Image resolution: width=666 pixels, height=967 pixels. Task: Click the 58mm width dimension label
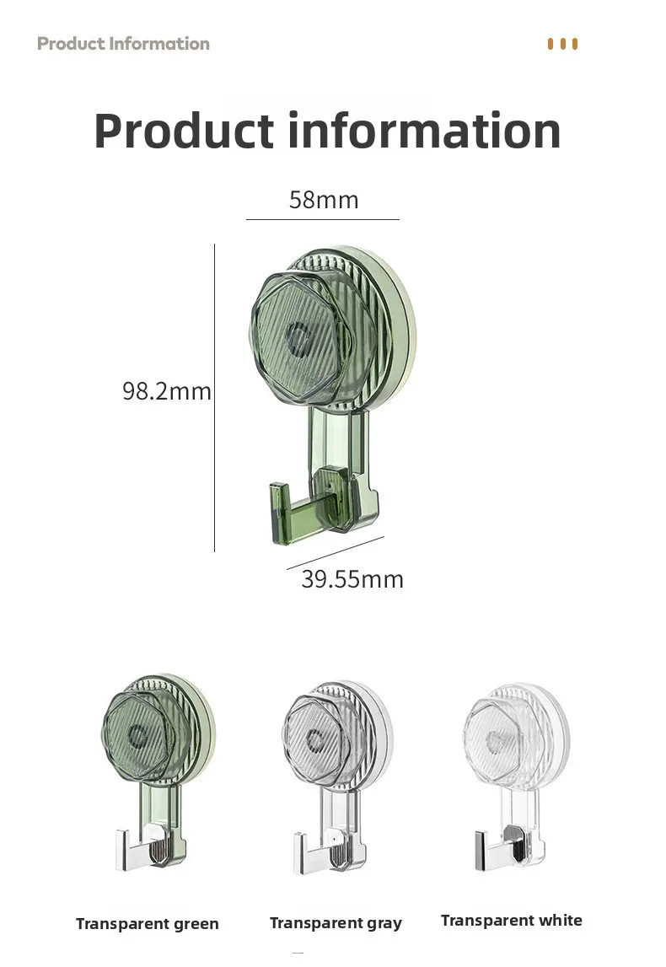[324, 200]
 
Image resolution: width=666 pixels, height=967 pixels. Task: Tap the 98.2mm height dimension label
[167, 391]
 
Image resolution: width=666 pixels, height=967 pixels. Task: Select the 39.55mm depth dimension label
[352, 579]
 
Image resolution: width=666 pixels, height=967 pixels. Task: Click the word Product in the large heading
[184, 131]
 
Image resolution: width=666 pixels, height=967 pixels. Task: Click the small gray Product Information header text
[123, 44]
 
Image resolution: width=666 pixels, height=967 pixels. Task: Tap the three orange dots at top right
[562, 44]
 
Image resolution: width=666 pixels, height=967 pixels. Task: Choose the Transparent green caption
[148, 924]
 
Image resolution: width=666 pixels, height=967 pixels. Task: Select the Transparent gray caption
[336, 923]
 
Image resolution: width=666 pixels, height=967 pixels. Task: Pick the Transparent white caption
[511, 920]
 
